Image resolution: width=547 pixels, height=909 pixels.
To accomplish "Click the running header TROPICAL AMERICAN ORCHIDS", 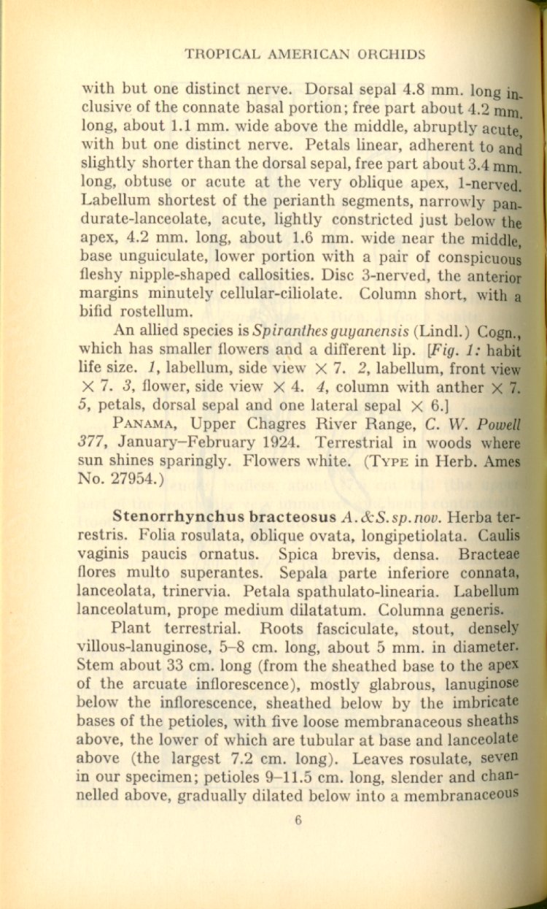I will click(305, 55).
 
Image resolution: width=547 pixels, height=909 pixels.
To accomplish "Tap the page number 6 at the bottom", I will click(298, 820).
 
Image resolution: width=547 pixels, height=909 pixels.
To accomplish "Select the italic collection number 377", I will click(93, 442).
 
